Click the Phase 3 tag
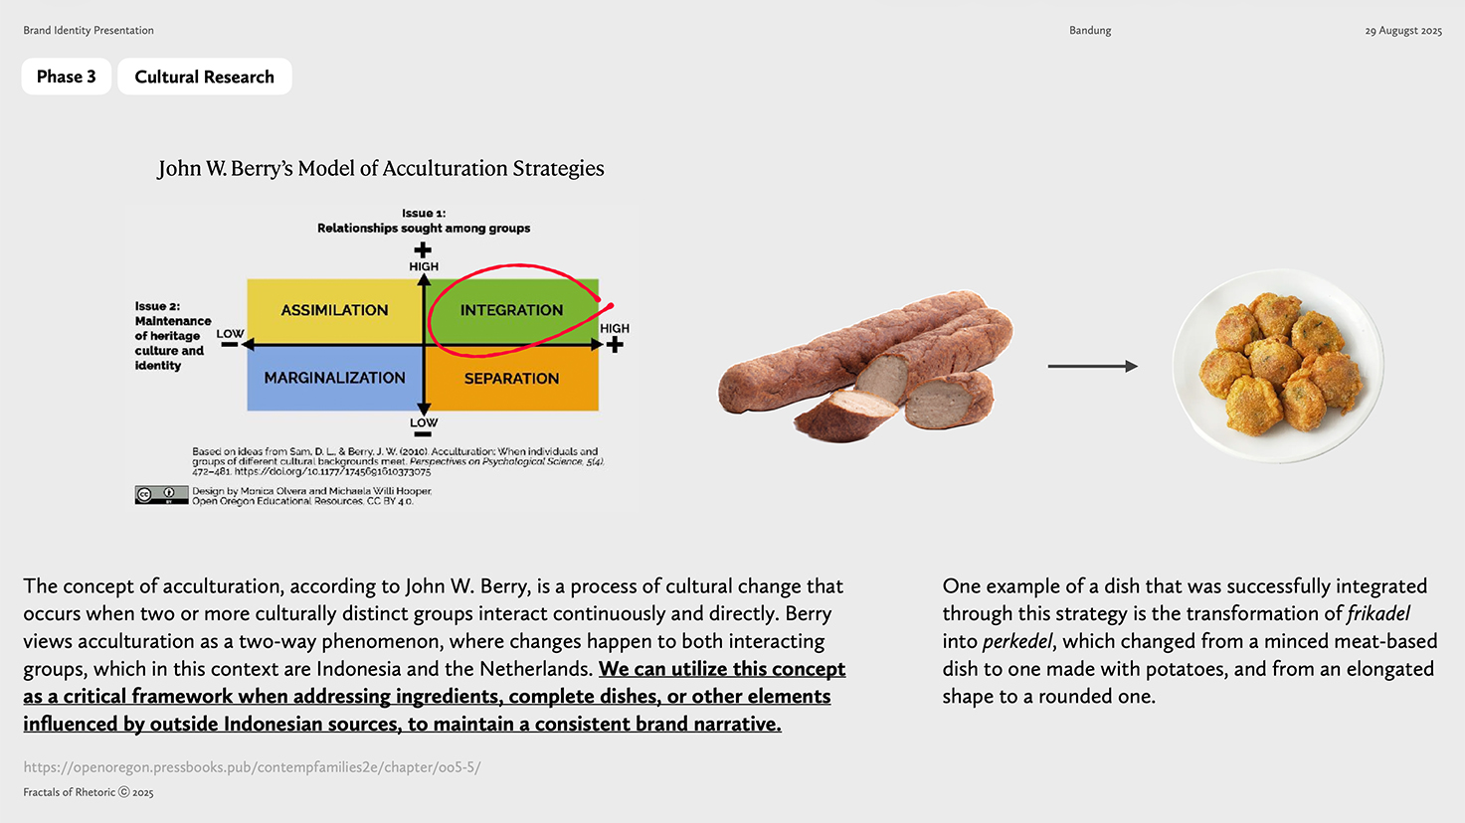(x=66, y=77)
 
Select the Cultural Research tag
(x=205, y=77)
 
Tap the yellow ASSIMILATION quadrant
(x=334, y=310)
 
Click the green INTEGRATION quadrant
(x=511, y=310)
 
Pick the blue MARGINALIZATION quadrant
(x=334, y=379)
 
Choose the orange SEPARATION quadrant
(x=511, y=379)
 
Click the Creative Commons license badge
(x=161, y=495)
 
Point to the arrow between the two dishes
(x=1093, y=366)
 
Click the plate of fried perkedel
(x=1278, y=366)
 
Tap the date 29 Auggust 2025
(x=1403, y=31)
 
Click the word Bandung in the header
(x=1090, y=30)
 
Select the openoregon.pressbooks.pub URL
(x=252, y=767)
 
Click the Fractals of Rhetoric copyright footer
(x=89, y=792)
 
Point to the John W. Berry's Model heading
(x=381, y=169)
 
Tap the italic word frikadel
(x=1378, y=614)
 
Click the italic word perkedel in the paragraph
(x=1017, y=642)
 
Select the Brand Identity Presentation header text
(x=89, y=30)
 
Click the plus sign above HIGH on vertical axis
(x=423, y=249)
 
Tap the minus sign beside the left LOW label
(x=230, y=345)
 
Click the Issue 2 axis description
(x=173, y=335)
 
